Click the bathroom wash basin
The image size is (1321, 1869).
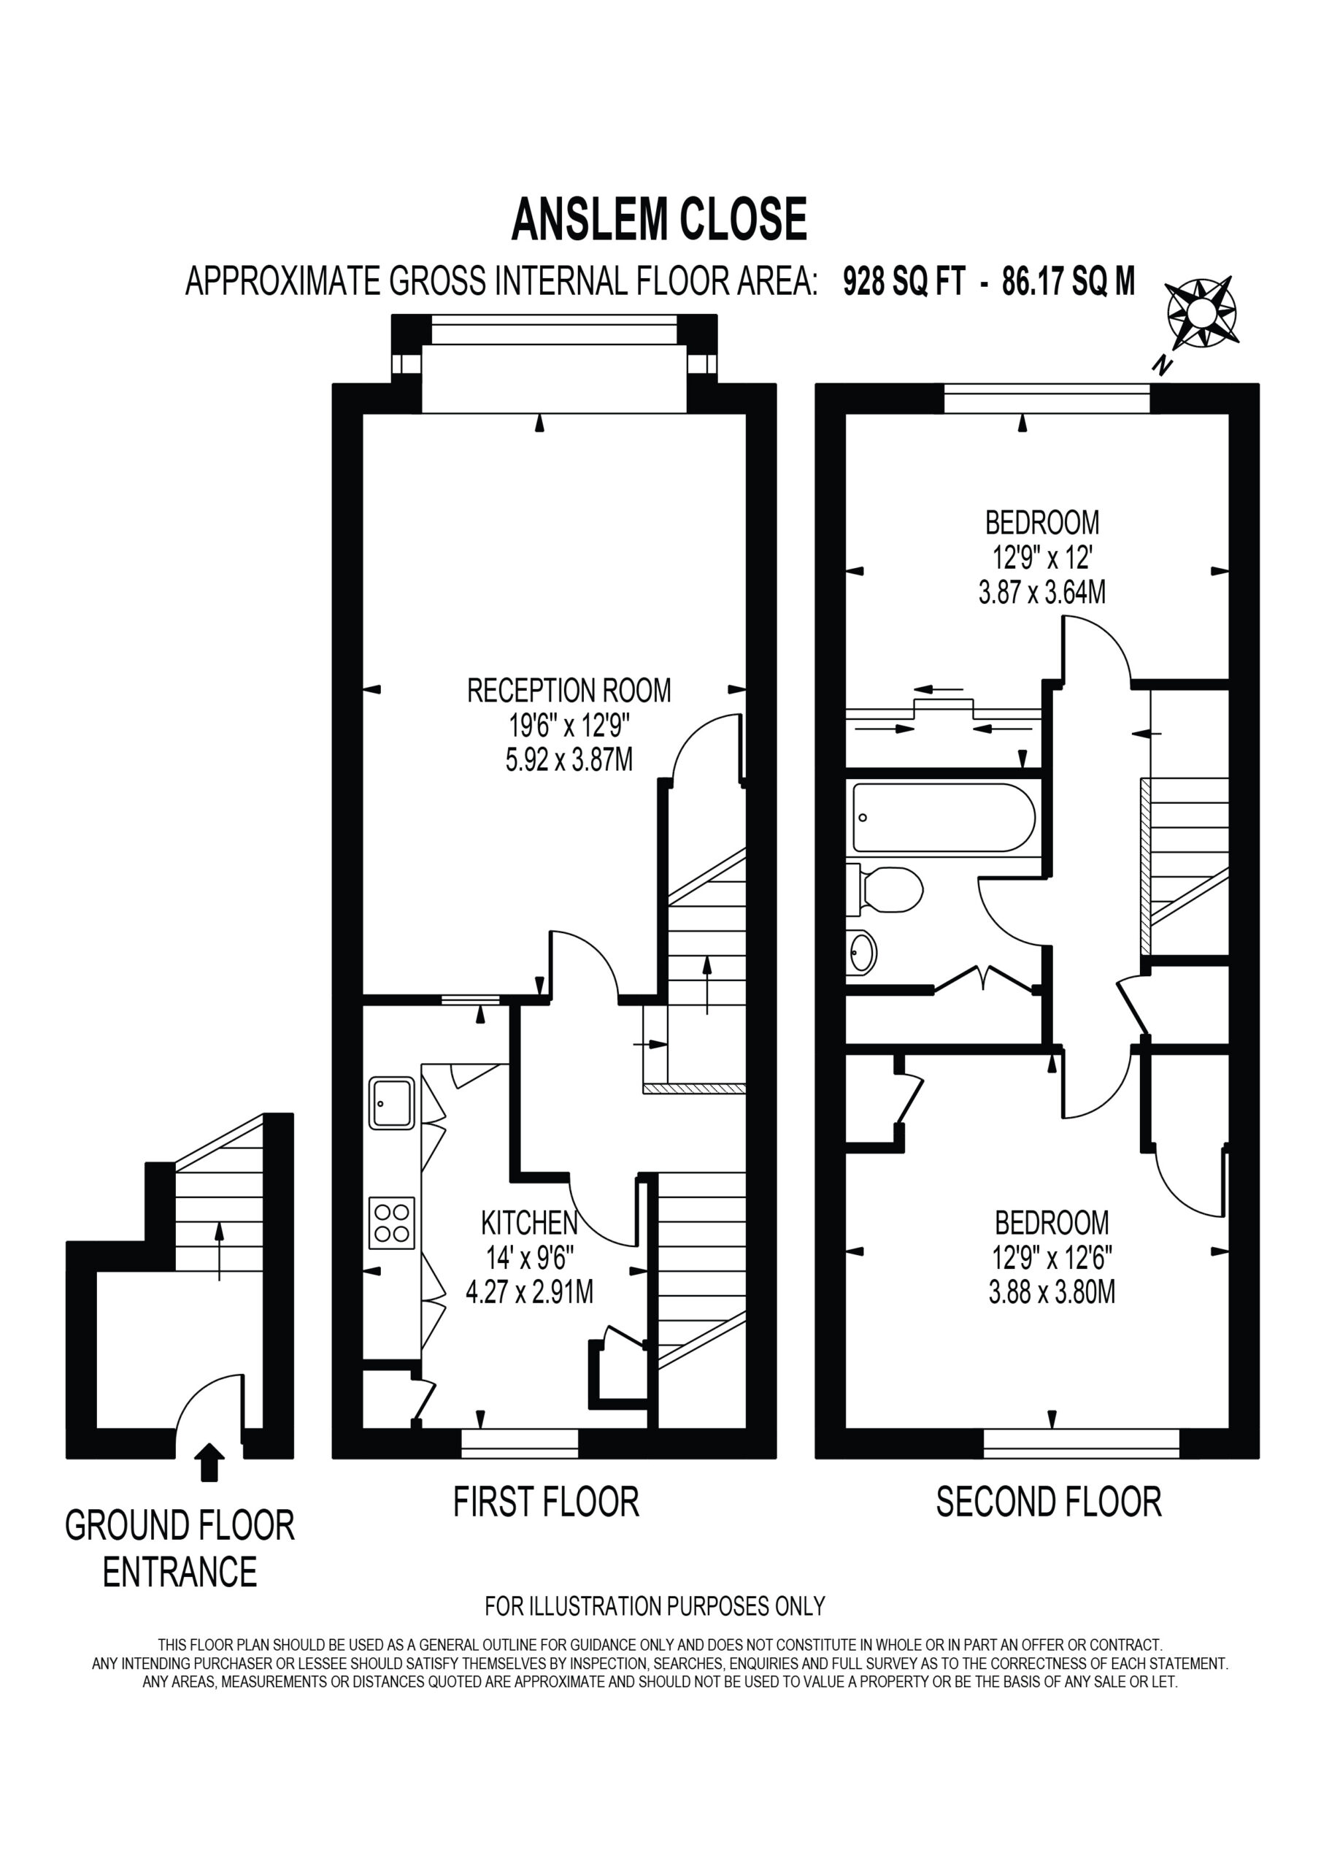coord(861,951)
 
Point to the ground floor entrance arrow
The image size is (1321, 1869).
coord(210,1462)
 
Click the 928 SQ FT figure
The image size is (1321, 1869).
coord(904,282)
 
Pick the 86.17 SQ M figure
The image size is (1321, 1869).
coord(1068,282)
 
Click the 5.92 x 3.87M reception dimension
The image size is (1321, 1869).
coord(569,759)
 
